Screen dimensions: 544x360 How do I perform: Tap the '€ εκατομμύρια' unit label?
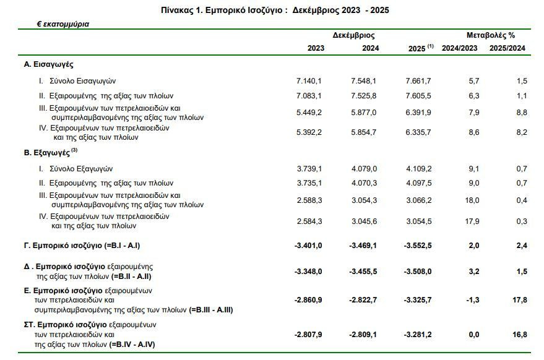click(63, 24)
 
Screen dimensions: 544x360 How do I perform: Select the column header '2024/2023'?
click(459, 48)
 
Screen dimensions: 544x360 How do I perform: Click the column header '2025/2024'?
click(507, 48)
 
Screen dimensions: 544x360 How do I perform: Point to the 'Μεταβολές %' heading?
click(491, 35)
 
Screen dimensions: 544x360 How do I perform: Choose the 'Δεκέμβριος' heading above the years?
click(353, 35)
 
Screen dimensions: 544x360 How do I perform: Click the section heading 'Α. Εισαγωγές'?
click(48, 64)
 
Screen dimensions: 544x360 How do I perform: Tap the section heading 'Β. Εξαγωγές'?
click(47, 153)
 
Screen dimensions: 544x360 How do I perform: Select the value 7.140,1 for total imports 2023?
click(309, 81)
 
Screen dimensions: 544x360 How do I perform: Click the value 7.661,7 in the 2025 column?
click(418, 81)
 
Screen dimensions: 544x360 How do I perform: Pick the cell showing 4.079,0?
click(364, 169)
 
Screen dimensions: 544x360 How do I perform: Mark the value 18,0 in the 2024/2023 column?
click(472, 200)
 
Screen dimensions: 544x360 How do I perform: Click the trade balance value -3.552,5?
click(418, 246)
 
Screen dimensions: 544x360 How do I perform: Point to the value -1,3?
click(473, 299)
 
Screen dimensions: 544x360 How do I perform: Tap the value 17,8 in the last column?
click(520, 299)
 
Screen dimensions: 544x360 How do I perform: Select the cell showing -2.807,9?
click(308, 335)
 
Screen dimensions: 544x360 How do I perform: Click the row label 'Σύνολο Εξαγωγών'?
click(81, 169)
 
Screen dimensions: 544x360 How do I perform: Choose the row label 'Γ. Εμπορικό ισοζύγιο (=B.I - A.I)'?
click(82, 246)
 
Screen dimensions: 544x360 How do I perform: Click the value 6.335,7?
click(418, 132)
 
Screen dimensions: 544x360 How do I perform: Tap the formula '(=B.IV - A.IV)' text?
click(132, 345)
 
